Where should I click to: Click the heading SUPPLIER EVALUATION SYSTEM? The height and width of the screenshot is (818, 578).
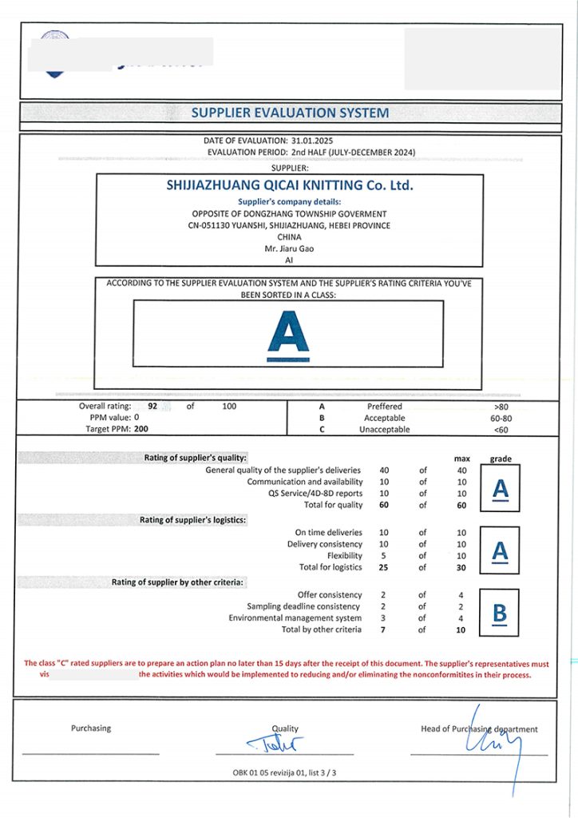(290, 113)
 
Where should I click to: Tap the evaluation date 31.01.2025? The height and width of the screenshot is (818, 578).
(312, 141)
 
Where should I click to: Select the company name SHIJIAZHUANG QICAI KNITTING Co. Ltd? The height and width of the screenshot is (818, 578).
(290, 185)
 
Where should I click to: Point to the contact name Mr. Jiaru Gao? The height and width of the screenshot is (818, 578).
(289, 248)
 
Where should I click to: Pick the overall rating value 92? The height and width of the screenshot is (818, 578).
(152, 406)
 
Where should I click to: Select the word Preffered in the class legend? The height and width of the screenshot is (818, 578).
(384, 406)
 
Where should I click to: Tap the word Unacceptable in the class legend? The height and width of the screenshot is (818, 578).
(384, 429)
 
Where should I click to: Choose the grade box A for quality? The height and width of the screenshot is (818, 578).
(501, 489)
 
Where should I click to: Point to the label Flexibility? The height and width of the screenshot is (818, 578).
(345, 555)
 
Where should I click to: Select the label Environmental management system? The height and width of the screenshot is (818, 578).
(295, 617)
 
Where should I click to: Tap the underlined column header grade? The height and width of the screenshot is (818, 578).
(501, 459)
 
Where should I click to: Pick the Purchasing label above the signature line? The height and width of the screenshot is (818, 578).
(91, 729)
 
